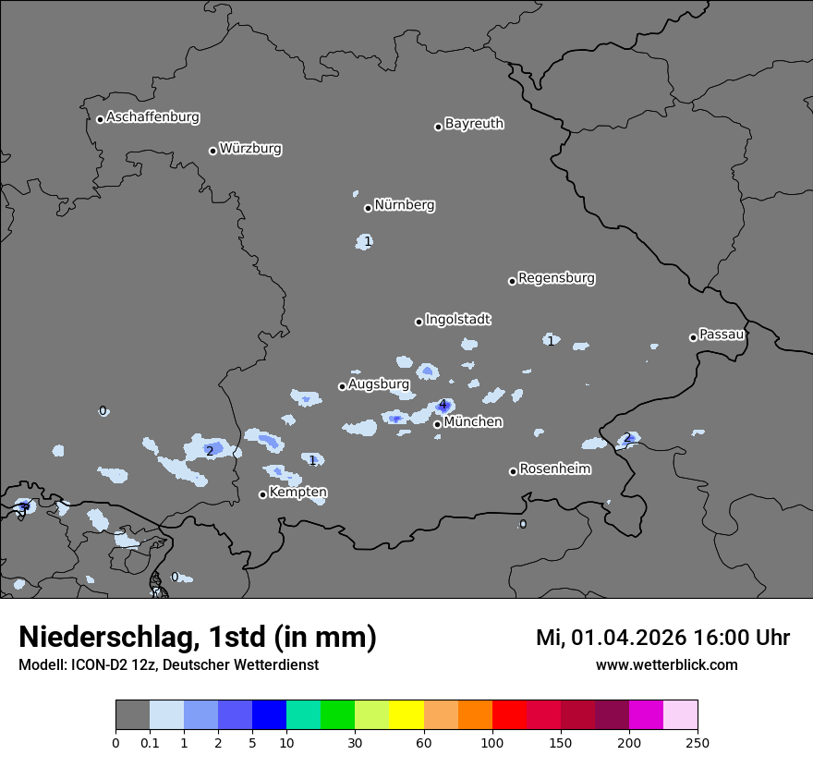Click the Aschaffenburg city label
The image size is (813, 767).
tap(152, 117)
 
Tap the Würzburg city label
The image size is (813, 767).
tap(250, 149)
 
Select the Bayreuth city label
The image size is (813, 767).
tap(474, 124)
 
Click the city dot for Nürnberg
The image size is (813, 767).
tap(368, 208)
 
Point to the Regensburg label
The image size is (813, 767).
tap(556, 278)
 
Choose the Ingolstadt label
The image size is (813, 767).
tap(458, 320)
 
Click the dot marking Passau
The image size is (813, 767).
tap(693, 337)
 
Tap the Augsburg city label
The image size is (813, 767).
tap(379, 384)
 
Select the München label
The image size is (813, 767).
tap(473, 422)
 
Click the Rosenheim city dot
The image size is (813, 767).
tap(513, 471)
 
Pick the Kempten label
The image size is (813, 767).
tap(297, 493)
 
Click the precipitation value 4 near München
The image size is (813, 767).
tap(443, 405)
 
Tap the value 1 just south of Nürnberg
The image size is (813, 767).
tap(368, 241)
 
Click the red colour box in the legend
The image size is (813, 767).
tap(509, 715)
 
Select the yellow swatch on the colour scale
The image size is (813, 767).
tap(406, 715)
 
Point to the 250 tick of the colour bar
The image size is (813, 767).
tap(698, 742)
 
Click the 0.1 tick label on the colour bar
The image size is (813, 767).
tap(150, 742)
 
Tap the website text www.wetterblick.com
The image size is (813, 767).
tap(666, 665)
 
